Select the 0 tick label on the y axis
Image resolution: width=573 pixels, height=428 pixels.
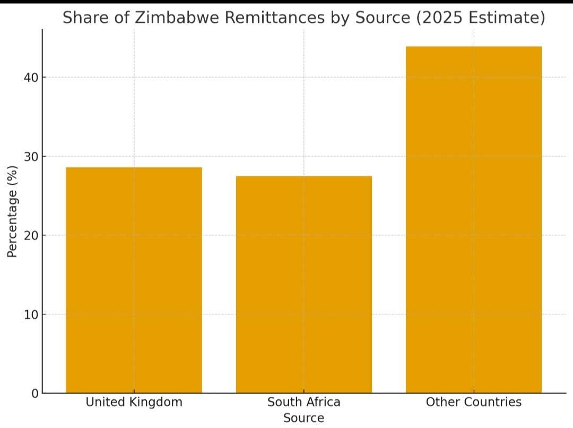[x=34, y=393]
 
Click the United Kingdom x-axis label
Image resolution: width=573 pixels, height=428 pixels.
[x=134, y=402]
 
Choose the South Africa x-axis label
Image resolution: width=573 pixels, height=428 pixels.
[x=304, y=402]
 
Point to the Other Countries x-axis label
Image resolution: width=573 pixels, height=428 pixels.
[x=474, y=402]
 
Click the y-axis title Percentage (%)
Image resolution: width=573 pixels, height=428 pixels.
[x=13, y=211]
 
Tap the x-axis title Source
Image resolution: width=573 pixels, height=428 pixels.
[x=303, y=418]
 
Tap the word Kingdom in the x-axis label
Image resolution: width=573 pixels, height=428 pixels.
[x=158, y=402]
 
